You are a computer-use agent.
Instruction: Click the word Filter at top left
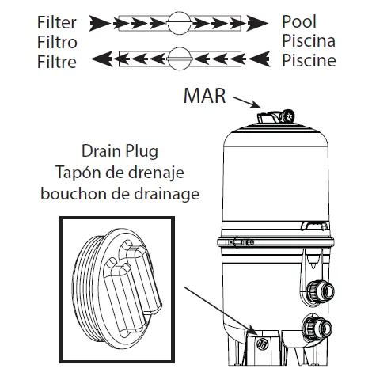click(x=56, y=21)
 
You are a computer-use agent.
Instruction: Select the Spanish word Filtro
click(x=56, y=40)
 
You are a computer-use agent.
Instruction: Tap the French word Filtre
click(x=56, y=59)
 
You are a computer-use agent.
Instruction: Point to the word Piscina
click(x=309, y=40)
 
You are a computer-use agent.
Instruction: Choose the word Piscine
click(x=309, y=59)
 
